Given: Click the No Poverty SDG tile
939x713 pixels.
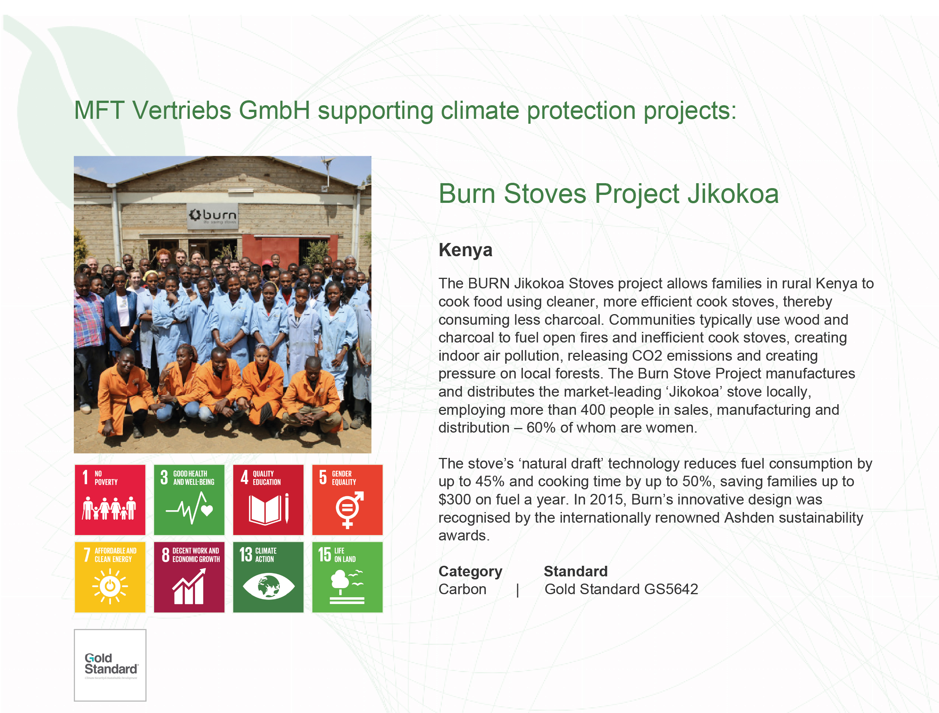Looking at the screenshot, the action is (x=110, y=500).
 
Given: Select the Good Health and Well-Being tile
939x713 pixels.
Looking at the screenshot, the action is (x=189, y=500).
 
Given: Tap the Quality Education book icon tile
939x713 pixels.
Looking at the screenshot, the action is (x=268, y=500).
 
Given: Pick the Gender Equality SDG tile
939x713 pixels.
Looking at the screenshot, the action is (x=347, y=500).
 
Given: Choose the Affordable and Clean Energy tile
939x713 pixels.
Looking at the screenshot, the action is (x=110, y=577).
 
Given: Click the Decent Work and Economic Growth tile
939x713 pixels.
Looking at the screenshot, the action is (x=189, y=577).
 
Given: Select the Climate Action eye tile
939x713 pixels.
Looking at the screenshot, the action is (x=268, y=577).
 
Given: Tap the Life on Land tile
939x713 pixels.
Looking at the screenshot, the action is (x=347, y=577).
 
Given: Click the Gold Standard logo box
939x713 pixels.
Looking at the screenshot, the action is (x=110, y=665).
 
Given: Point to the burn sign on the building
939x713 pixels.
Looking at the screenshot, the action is (x=213, y=216).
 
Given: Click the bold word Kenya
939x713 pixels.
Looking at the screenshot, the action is (x=465, y=250).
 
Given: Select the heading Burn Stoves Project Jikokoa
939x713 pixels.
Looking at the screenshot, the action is (x=608, y=193).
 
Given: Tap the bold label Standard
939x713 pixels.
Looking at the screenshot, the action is (x=576, y=571).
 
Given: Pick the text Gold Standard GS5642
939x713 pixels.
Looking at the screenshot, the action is (x=621, y=589).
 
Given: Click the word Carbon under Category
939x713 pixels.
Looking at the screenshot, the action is (x=462, y=589).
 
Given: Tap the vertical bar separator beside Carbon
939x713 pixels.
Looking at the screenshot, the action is (x=518, y=590).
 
